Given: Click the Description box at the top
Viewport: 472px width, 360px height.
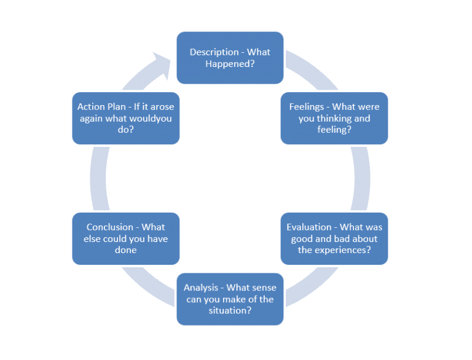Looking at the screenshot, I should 230,58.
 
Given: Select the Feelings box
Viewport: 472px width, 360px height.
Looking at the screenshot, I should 334,119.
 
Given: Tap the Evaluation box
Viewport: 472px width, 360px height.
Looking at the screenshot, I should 334,239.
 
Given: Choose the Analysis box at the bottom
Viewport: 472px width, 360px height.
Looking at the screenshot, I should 230,299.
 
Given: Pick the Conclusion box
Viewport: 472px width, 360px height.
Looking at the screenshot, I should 125,239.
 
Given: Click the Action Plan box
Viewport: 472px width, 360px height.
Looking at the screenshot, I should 125,119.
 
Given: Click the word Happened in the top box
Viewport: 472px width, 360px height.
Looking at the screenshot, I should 230,64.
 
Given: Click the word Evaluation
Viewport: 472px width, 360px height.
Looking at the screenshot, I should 310,227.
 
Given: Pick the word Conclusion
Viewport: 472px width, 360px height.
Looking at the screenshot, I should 110,227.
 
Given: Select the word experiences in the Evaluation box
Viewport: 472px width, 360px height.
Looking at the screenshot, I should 341,250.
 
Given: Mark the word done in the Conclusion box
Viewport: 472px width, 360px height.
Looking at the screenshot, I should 125,250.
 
